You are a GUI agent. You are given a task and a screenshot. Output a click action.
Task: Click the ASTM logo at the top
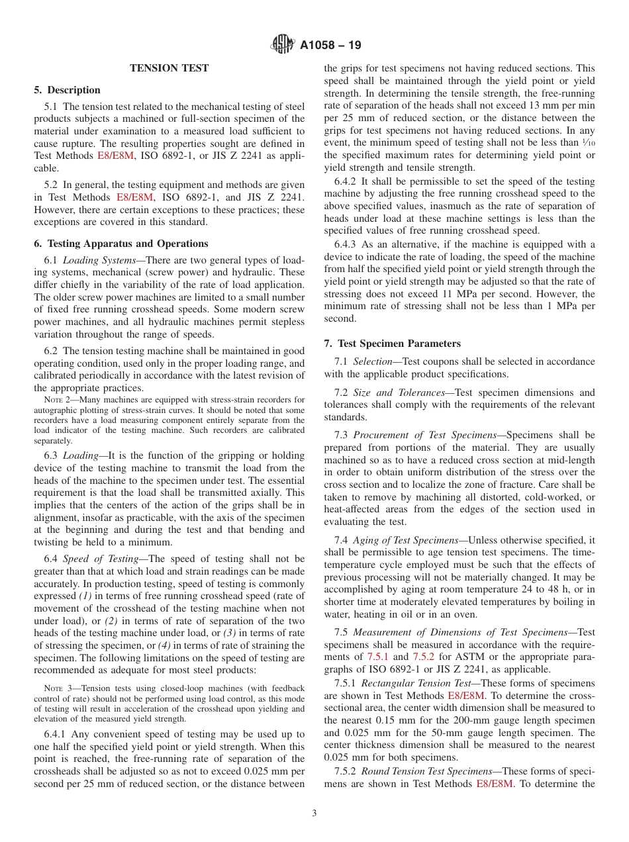(283, 45)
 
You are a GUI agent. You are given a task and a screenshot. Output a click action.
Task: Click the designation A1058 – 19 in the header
(330, 46)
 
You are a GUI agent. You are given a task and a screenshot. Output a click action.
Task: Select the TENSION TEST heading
(169, 68)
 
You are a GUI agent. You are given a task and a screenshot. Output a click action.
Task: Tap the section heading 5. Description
(68, 90)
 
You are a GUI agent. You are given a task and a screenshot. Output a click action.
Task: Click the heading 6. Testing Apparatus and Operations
(121, 244)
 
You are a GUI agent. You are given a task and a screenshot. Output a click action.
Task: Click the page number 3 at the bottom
(314, 813)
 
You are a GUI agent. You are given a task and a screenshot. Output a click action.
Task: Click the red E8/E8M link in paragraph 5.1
(115, 156)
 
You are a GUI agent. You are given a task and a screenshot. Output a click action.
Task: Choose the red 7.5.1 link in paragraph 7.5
(378, 657)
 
